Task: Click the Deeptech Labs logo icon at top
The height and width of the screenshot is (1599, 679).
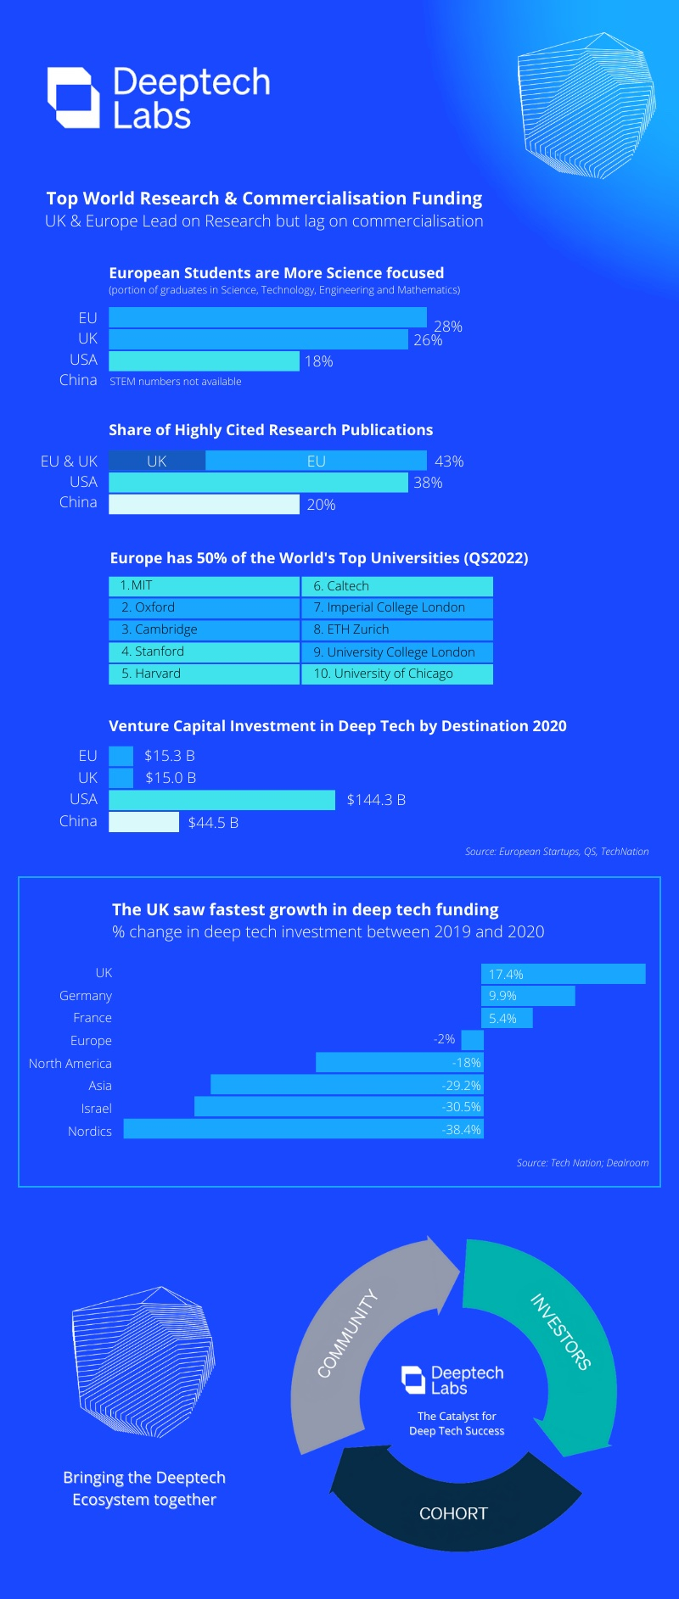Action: click(73, 98)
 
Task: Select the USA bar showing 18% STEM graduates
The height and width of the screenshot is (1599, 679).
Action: click(204, 361)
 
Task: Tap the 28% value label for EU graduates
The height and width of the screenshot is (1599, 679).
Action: click(448, 327)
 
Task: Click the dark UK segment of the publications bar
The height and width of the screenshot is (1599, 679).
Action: click(157, 461)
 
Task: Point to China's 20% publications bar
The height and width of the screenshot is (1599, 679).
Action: click(204, 504)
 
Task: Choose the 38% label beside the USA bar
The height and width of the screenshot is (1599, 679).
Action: click(428, 483)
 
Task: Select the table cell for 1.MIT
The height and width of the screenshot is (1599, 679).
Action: click(204, 585)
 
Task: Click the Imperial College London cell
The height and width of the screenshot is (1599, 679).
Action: click(396, 607)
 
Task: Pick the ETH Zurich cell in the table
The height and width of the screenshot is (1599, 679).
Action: click(396, 629)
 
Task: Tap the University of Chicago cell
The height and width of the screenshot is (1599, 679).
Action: click(396, 674)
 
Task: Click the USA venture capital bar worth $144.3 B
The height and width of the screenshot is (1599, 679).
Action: click(222, 800)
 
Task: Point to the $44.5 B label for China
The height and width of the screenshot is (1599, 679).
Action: click(213, 823)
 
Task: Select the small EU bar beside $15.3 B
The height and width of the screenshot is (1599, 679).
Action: click(121, 755)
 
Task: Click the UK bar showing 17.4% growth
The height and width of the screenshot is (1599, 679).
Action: click(563, 974)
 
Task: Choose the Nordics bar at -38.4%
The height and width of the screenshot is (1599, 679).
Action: click(303, 1129)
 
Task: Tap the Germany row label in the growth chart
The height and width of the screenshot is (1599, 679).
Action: click(86, 996)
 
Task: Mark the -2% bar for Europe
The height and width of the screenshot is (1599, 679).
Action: click(473, 1040)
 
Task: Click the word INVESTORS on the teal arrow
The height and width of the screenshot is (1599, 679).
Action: click(560, 1331)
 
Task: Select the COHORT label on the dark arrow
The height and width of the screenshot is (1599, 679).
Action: click(453, 1513)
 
